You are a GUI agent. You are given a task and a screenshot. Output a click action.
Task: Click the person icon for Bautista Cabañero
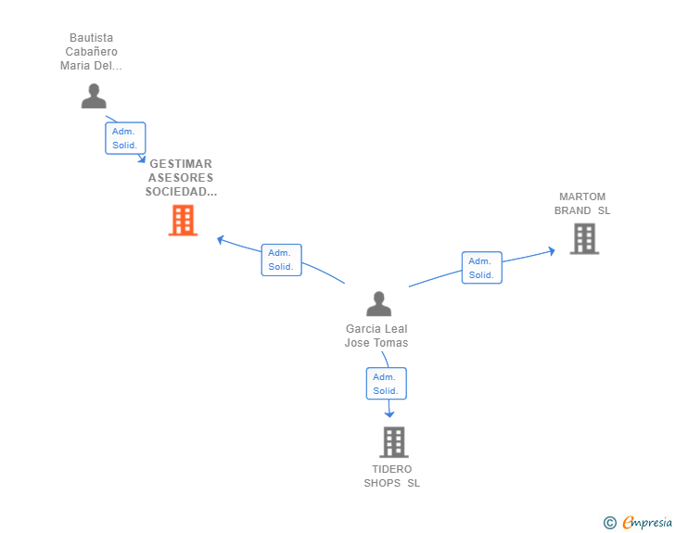point(94,96)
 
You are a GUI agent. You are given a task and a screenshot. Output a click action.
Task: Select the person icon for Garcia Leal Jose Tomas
point(378,304)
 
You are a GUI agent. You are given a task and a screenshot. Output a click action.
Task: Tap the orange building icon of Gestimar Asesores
point(183,221)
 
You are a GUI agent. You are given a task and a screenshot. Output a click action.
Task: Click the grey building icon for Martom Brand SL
point(583,238)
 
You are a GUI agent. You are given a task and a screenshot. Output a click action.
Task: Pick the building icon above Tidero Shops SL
point(393,442)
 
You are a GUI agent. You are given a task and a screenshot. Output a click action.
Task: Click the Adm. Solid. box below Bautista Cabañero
point(125,138)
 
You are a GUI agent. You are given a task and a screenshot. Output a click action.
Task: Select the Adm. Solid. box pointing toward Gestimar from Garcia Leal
point(280,260)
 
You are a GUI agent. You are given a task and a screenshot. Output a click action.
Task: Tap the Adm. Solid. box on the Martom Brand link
point(481,268)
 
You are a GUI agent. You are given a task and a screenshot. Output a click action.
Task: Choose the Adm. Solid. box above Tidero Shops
point(386,384)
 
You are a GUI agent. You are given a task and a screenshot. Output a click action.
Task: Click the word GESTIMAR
point(181,164)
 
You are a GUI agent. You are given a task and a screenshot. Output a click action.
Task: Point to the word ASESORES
point(181,178)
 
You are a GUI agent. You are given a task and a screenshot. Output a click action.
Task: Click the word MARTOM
point(582,197)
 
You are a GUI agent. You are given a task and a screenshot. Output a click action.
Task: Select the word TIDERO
point(392,469)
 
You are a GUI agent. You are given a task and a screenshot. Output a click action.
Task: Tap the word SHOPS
point(381,483)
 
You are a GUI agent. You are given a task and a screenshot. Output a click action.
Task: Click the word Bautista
point(92,38)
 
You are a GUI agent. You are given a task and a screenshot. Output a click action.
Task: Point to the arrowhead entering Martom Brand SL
point(552,249)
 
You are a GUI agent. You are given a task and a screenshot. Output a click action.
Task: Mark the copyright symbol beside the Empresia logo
point(609,523)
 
